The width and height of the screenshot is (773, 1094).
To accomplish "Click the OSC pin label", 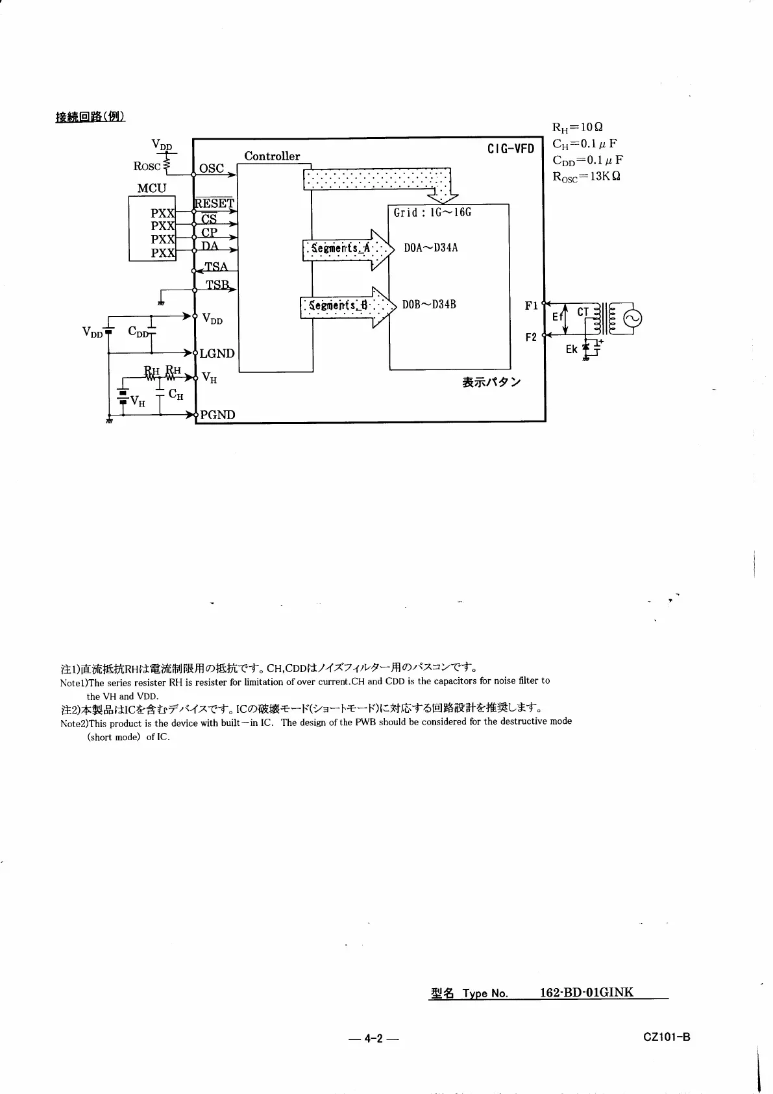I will click(212, 168).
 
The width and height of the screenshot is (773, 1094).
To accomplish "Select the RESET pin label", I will click(214, 203).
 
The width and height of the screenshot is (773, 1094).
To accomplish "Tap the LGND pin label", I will click(217, 353).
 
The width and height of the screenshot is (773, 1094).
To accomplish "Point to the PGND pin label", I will click(217, 414).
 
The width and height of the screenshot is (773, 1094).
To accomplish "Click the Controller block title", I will click(272, 156).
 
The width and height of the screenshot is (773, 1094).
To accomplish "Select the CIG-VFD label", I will click(510, 149).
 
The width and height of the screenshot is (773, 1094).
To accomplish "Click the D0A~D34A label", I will click(431, 248).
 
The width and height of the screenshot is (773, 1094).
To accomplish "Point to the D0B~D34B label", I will click(429, 305).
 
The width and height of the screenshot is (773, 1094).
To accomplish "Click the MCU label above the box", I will click(152, 188).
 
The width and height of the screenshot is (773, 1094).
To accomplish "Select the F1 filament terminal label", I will click(531, 305).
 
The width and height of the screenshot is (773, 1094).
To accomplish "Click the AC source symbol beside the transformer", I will click(632, 318).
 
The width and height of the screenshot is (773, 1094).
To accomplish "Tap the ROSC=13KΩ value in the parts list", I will click(586, 177).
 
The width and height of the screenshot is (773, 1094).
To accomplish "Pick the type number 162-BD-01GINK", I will click(586, 992).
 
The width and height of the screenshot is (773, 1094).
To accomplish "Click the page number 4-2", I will click(373, 1038).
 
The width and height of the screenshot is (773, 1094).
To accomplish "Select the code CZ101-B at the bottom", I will click(667, 1037).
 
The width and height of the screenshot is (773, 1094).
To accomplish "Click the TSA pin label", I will click(216, 267).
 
